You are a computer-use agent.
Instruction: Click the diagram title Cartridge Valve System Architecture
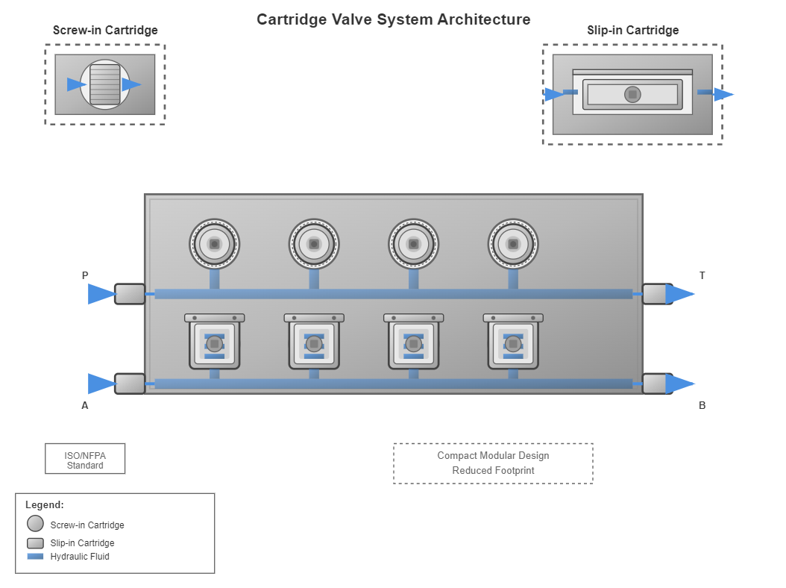tap(393, 19)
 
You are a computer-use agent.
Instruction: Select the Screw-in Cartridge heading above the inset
tap(105, 31)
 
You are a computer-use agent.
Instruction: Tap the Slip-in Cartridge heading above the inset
tap(632, 31)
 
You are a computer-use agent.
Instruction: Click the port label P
tap(85, 275)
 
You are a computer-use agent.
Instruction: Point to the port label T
tap(702, 275)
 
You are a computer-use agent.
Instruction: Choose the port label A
tap(85, 406)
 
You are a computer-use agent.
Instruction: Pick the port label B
tap(702, 406)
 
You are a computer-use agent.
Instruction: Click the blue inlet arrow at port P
tap(101, 294)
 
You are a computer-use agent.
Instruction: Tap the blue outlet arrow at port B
tap(679, 384)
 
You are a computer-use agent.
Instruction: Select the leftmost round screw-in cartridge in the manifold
tap(214, 244)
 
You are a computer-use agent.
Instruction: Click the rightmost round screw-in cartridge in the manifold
tap(513, 244)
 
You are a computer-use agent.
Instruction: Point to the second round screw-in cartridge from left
tap(314, 244)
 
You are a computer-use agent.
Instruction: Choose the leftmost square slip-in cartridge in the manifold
tap(214, 343)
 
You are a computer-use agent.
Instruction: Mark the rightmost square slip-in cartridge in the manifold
tap(513, 343)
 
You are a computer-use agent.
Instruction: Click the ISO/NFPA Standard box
tap(85, 459)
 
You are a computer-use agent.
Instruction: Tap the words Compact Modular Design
tap(493, 456)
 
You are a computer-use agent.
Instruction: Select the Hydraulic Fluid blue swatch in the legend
tap(35, 557)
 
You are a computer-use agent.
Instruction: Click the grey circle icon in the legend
tap(35, 524)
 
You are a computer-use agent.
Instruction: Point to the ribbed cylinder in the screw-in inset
tap(105, 84)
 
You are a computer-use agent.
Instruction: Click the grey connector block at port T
tap(656, 294)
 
